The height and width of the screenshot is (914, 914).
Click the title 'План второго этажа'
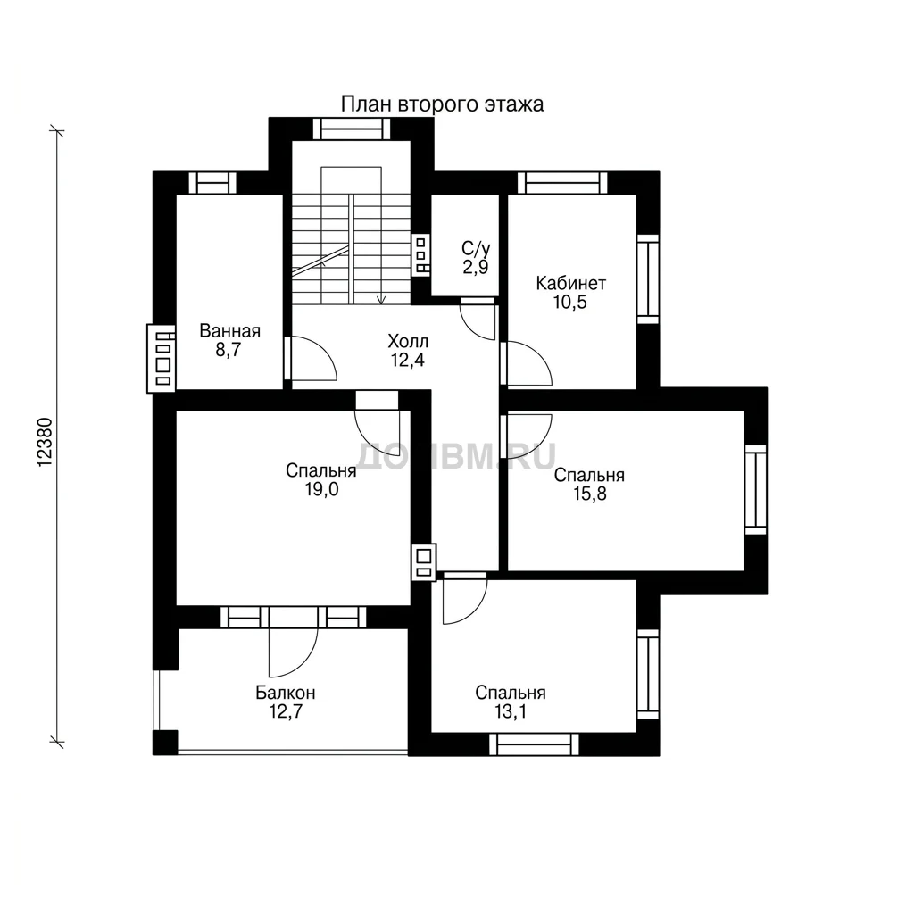(442, 104)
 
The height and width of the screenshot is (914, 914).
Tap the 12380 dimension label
(45, 442)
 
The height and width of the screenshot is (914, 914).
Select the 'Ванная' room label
(229, 331)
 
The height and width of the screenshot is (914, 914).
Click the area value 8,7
(228, 350)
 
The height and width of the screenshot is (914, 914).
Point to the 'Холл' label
(408, 341)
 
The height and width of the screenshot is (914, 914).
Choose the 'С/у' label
(476, 249)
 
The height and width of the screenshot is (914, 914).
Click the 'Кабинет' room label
(570, 283)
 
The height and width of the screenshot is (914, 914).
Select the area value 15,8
(589, 494)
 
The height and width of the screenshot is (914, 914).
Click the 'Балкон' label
(286, 693)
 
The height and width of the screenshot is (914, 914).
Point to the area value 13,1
(510, 711)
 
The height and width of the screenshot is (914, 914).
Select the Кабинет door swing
(539, 355)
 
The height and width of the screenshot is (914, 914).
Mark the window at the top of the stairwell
(352, 129)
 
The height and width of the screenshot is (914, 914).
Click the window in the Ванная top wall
(212, 182)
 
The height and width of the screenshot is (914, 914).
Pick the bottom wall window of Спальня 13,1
(534, 744)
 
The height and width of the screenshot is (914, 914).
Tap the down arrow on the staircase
(381, 299)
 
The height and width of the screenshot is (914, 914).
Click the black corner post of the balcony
(165, 743)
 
